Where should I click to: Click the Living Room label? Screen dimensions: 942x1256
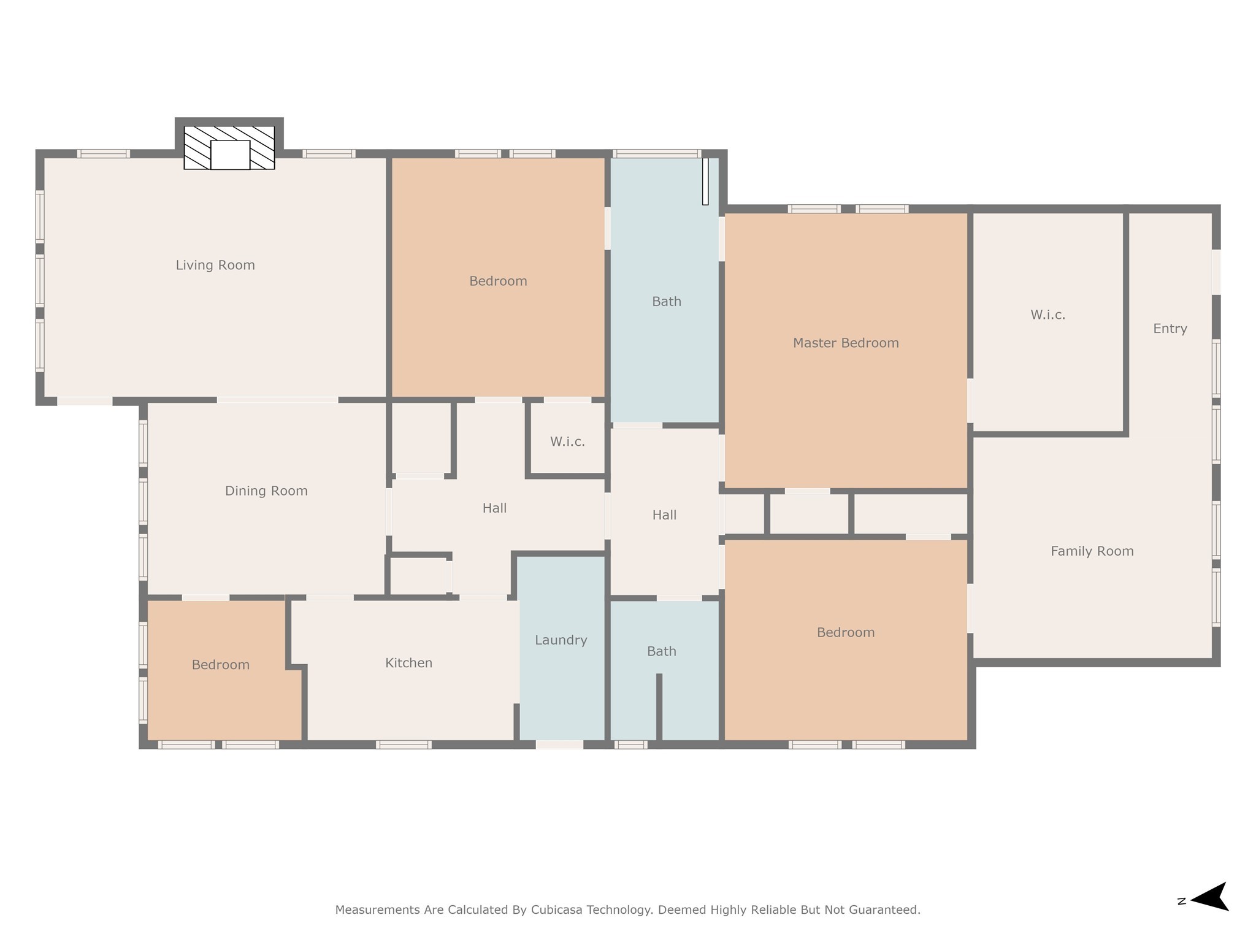pos(215,265)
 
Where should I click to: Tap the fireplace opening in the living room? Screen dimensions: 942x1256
pos(230,155)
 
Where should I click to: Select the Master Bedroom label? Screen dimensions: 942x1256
pos(845,343)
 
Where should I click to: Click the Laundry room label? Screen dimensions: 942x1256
pos(561,640)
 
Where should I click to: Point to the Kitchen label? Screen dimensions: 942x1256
pos(408,662)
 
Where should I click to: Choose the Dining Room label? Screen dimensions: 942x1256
pos(266,491)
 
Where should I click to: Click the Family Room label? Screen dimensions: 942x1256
pos(1092,551)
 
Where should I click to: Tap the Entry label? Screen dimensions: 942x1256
pos(1170,328)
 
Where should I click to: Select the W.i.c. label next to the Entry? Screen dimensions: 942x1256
pos(1047,315)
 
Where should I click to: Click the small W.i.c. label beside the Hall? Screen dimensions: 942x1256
pos(567,442)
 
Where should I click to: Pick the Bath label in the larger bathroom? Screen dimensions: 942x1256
pos(666,301)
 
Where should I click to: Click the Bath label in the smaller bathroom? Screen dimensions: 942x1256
pos(661,651)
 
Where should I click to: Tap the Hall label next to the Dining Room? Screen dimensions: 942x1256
pos(494,508)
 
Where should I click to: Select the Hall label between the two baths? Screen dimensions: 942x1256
pos(664,515)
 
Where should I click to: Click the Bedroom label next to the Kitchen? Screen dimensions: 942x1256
pos(220,665)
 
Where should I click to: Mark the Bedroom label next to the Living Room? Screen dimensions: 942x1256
pos(498,281)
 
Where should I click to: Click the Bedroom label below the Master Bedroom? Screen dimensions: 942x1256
pos(845,632)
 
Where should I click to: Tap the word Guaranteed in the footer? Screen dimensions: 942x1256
pos(883,909)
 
